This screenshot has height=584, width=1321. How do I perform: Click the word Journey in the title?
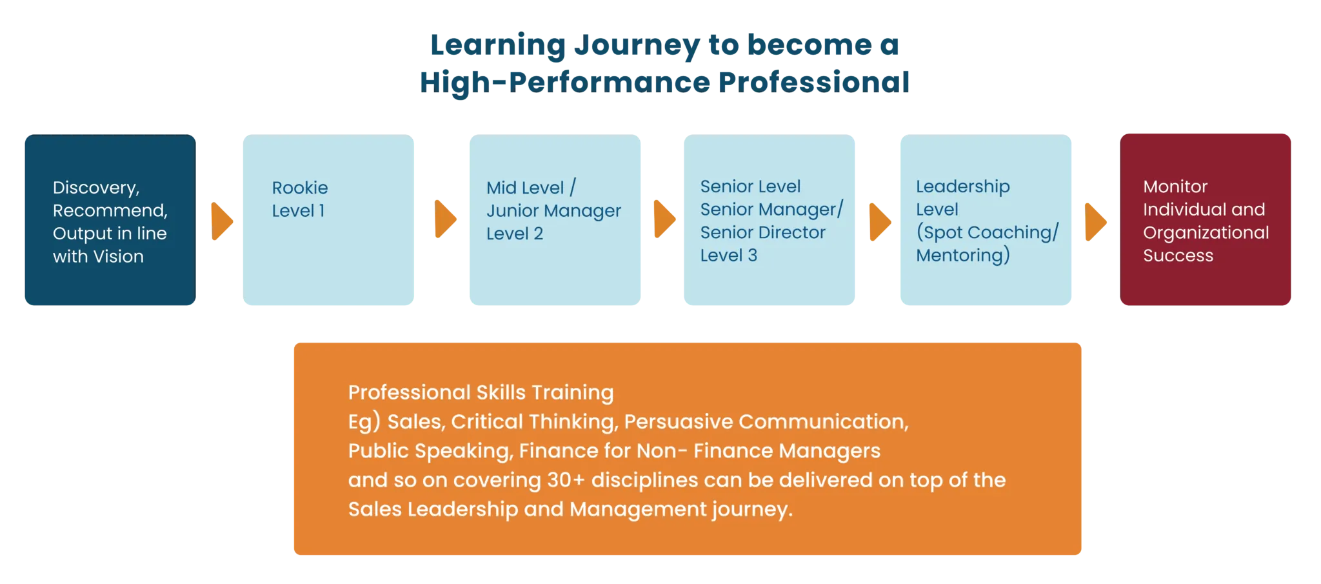click(637, 46)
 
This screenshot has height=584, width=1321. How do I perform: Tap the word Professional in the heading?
click(813, 83)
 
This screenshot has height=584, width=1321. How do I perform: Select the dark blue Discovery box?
click(110, 219)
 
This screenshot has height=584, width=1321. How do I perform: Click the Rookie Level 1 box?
click(328, 219)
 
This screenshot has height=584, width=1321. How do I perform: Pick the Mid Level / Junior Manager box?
click(555, 219)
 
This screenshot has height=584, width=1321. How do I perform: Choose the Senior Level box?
click(770, 219)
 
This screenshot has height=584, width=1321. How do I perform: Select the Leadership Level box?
click(986, 219)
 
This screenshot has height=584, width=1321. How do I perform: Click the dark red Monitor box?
click(1206, 219)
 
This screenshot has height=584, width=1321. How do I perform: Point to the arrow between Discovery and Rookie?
click(222, 221)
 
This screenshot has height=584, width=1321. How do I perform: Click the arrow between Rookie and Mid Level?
click(446, 219)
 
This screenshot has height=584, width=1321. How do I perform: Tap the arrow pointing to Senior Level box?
click(665, 219)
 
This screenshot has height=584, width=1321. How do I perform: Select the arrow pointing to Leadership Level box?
click(880, 222)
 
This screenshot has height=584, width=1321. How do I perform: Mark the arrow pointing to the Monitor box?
click(1096, 222)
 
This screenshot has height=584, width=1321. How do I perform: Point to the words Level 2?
click(515, 234)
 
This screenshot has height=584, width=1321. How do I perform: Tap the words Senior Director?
click(763, 232)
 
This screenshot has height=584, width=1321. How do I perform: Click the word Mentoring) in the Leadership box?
click(963, 256)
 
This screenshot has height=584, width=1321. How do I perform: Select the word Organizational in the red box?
click(1206, 233)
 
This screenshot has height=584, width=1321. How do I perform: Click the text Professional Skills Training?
click(481, 392)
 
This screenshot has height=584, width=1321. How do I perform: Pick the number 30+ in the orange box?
click(566, 480)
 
